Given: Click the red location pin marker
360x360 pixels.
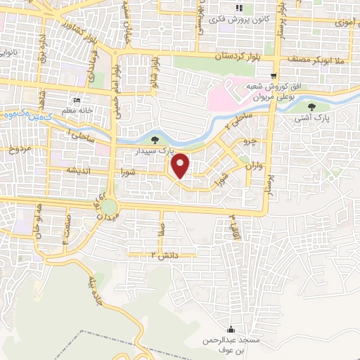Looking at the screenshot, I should [181, 166].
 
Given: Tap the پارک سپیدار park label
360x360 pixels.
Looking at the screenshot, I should [155, 150].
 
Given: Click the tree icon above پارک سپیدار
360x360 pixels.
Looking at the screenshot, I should [155, 139].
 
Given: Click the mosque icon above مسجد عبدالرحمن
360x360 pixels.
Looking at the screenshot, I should [231, 329].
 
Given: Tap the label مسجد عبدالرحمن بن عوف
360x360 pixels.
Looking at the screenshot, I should [231, 344].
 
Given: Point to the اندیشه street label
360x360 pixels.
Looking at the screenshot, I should [78, 171].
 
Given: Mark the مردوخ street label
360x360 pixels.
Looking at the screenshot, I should [20, 150].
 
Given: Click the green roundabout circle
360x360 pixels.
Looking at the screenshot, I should [109, 207].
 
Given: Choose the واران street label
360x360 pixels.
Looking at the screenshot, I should [255, 167].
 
